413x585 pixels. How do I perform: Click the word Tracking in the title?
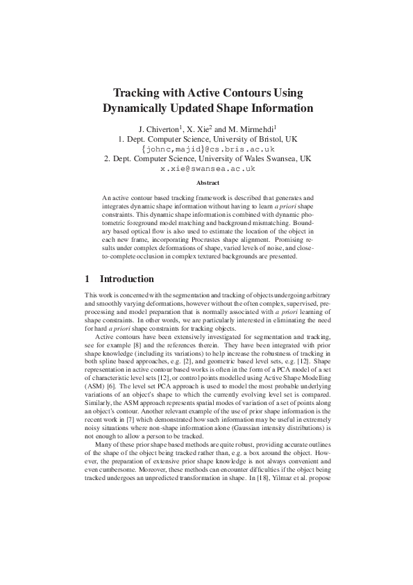[137, 92]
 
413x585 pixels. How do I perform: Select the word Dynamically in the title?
[137, 108]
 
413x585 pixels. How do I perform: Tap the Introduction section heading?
[127, 279]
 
